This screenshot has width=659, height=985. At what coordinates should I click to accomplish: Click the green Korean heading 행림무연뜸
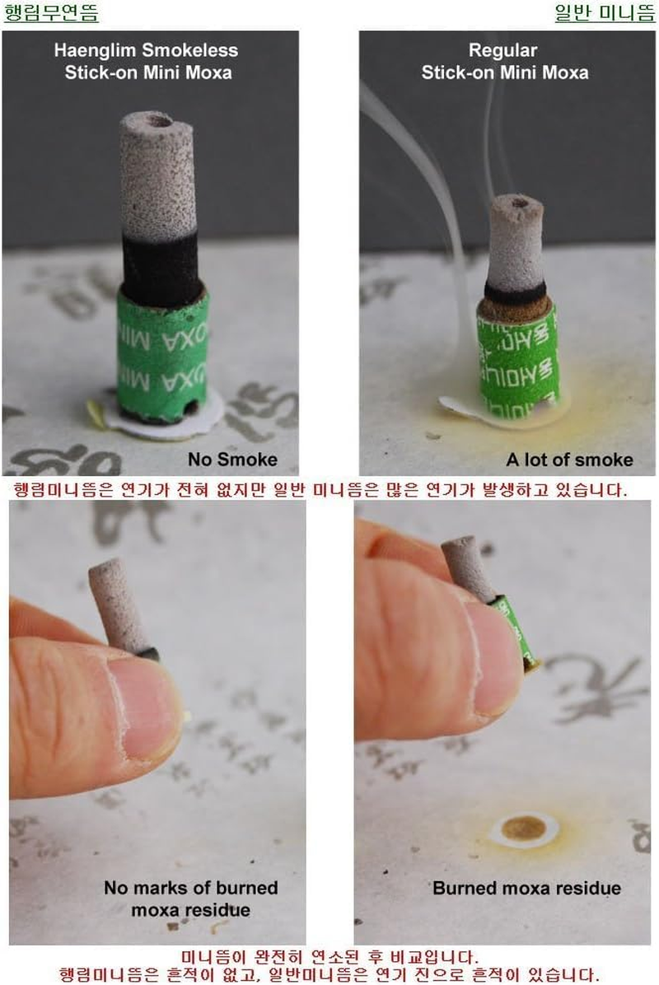(x=51, y=13)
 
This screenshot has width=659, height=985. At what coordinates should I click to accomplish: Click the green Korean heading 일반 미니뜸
(x=605, y=13)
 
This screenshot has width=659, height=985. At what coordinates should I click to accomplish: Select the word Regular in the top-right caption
(x=502, y=50)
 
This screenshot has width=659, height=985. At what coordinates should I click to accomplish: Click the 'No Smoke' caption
(x=232, y=459)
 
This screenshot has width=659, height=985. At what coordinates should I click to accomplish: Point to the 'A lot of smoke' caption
(x=569, y=459)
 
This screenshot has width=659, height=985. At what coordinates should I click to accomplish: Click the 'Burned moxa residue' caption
(x=526, y=888)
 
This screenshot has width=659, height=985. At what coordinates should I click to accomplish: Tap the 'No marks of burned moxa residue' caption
(x=190, y=899)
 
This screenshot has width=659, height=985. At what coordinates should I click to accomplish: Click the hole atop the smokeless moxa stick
(x=160, y=120)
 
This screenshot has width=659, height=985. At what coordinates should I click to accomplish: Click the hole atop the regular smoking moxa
(x=520, y=199)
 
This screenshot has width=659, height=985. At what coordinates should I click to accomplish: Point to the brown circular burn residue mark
(x=522, y=828)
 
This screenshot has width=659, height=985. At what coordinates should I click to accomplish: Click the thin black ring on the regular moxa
(x=515, y=292)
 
